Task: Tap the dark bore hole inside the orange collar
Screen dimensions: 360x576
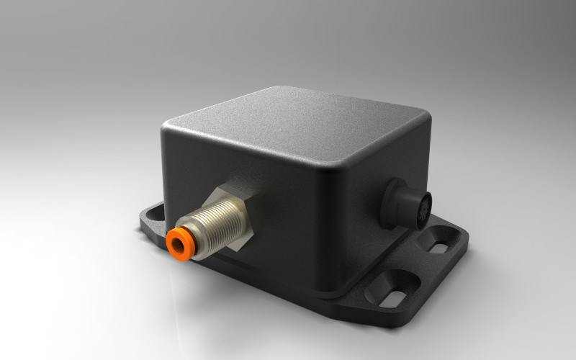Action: [x=175, y=244]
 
